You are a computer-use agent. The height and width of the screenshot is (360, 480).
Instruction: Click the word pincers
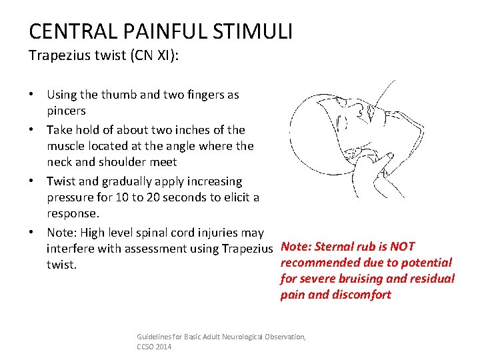click(67, 111)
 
